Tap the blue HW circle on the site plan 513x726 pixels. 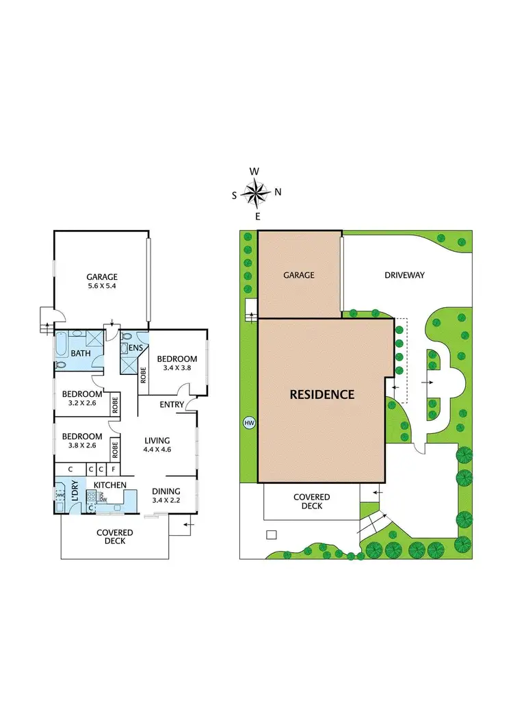click(249, 423)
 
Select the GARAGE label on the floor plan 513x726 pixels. click(102, 276)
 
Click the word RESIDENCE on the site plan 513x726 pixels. click(321, 394)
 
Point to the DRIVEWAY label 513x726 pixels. click(404, 275)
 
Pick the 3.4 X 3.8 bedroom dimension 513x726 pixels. click(177, 368)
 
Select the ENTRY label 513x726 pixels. click(172, 404)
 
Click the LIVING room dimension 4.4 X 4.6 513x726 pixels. click(157, 450)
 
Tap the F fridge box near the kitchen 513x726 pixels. click(113, 469)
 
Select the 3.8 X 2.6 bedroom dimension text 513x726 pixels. click(82, 445)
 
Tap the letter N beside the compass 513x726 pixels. click(278, 192)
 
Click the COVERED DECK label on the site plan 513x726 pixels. click(311, 502)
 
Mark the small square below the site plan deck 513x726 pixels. click(272, 535)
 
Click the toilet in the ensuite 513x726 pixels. click(127, 337)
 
